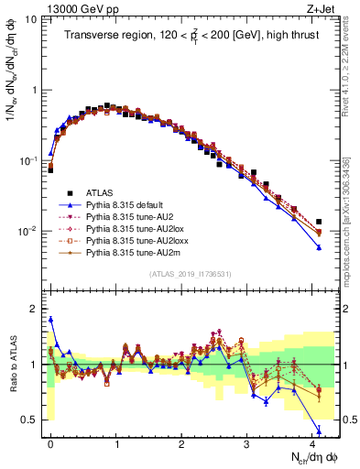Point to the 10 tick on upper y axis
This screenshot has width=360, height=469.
coord(29,19)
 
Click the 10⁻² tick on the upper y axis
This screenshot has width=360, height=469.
coord(27,232)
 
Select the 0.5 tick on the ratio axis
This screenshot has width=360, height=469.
coord(29,420)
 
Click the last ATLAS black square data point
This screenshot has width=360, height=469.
coord(319,222)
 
